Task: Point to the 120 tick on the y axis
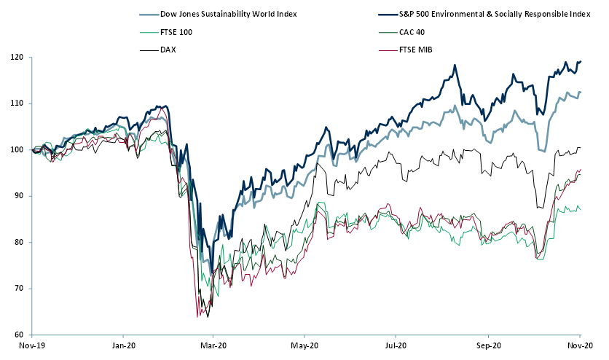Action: tap(14, 58)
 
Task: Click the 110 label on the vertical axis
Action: tap(14, 103)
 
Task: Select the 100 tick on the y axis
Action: tap(14, 150)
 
